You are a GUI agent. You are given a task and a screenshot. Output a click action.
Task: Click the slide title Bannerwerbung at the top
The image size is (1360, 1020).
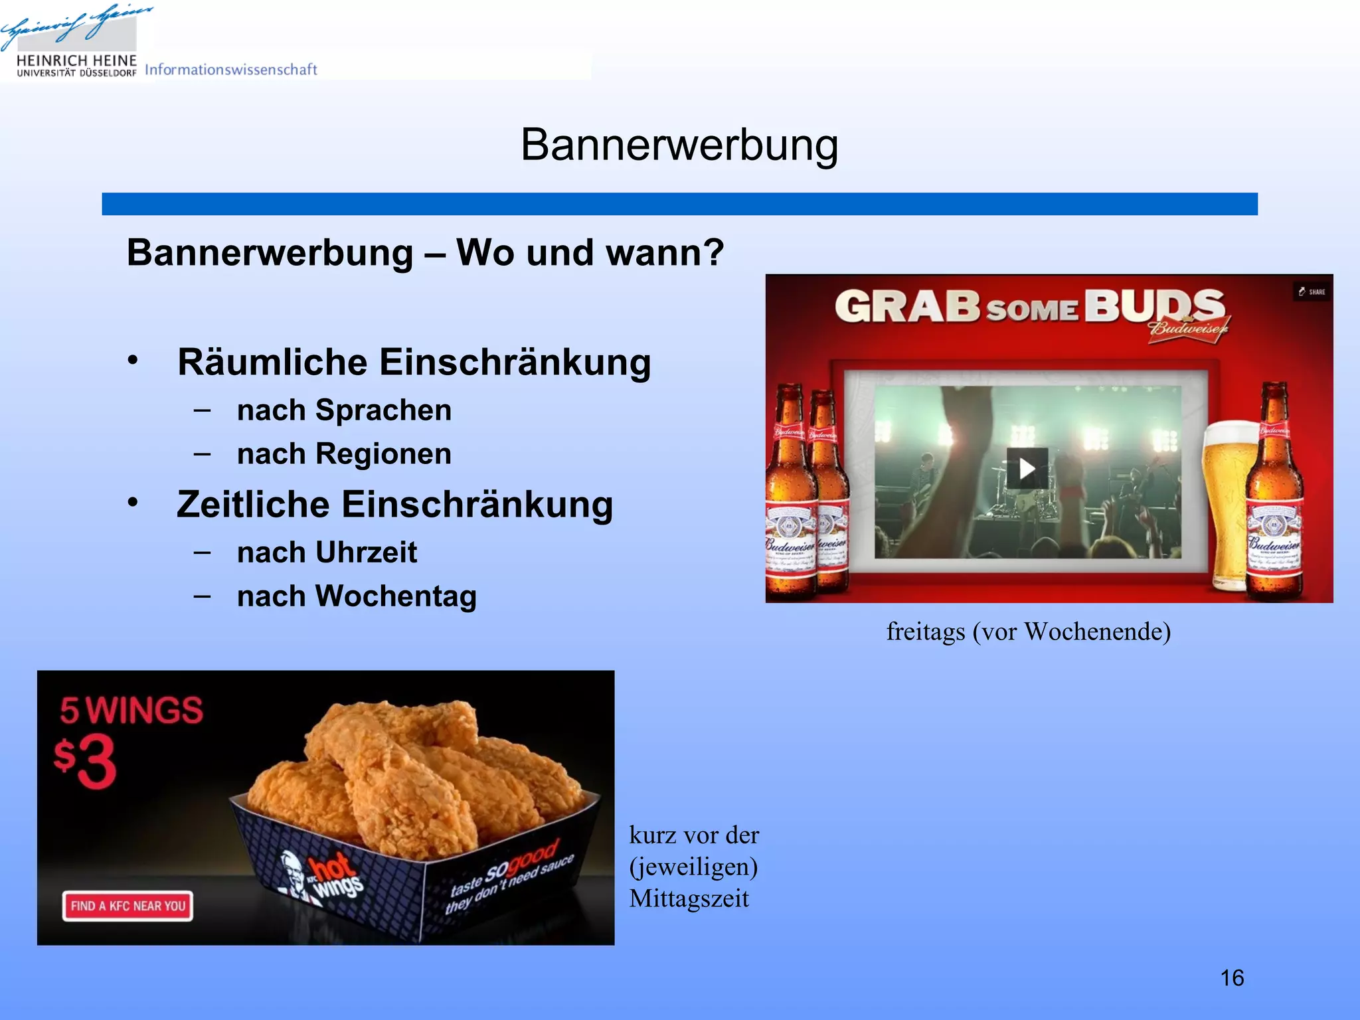(679, 145)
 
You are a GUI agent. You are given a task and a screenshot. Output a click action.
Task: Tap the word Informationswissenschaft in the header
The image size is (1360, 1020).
(230, 70)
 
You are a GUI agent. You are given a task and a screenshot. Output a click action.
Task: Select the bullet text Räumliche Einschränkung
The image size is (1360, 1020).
(414, 363)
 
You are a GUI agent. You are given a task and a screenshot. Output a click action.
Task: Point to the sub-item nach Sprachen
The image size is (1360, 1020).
(344, 410)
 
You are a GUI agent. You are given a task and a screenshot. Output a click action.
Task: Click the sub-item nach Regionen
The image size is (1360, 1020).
(344, 454)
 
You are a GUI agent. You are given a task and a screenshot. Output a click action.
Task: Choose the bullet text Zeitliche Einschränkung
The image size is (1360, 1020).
(394, 505)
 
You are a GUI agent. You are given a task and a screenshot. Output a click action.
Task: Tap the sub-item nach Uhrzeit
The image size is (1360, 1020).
(327, 552)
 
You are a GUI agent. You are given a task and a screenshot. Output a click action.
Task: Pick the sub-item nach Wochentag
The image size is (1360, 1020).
(357, 596)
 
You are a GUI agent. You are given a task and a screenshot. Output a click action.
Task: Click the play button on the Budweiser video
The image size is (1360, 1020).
(1027, 469)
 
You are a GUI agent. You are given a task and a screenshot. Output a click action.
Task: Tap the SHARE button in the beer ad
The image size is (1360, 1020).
(1312, 292)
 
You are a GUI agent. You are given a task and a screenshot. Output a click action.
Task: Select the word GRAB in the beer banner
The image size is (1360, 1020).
(907, 307)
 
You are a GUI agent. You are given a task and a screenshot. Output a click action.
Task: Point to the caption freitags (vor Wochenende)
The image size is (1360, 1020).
(1028, 632)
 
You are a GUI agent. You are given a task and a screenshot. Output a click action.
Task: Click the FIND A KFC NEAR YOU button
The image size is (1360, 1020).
(128, 906)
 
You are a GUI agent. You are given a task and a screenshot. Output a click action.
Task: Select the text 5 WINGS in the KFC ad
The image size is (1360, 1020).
(131, 711)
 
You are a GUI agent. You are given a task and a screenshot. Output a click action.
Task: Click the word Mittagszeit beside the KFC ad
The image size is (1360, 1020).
(689, 899)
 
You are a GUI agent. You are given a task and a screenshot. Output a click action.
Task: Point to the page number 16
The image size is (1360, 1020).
(1232, 978)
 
